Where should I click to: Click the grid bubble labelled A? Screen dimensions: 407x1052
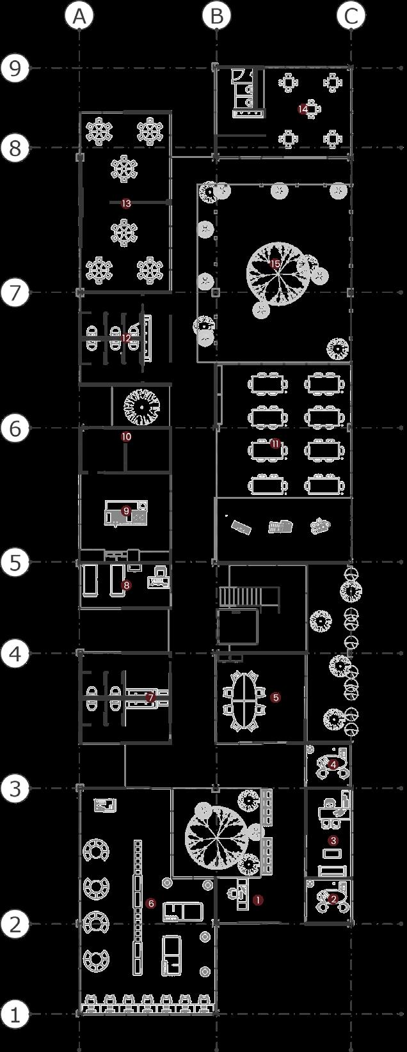[79, 17]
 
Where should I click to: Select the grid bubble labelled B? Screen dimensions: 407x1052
[216, 17]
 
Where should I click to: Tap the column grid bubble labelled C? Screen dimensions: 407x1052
[351, 17]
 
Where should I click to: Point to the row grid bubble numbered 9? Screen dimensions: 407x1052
[15, 68]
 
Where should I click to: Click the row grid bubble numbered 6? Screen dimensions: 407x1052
[15, 428]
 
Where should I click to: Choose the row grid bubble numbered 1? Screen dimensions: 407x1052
[15, 1014]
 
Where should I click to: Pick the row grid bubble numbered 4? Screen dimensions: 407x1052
[15, 654]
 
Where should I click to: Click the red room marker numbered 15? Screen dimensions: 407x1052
[276, 263]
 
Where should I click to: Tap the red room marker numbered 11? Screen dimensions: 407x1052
[275, 444]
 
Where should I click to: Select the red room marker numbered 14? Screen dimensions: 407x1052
[303, 109]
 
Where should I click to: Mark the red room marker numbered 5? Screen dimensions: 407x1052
[276, 697]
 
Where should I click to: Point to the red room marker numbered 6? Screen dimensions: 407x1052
[151, 904]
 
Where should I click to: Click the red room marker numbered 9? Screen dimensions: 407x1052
[126, 511]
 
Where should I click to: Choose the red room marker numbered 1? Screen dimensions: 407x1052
[258, 900]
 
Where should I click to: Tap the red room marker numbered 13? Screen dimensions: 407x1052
[126, 203]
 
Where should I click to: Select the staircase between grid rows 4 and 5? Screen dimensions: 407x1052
[240, 596]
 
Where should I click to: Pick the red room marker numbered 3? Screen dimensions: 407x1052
[333, 840]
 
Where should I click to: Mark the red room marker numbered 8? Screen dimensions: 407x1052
[126, 585]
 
